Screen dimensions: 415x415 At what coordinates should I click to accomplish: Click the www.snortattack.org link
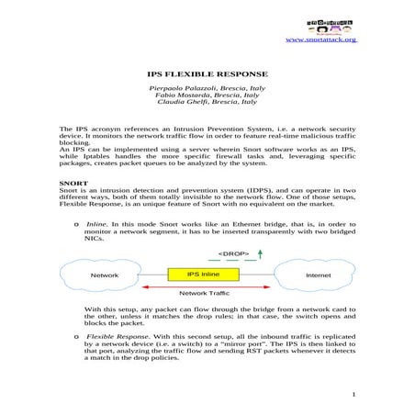(x=322, y=39)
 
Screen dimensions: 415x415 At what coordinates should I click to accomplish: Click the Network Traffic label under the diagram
(x=203, y=293)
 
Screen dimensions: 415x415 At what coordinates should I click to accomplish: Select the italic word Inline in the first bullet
(x=96, y=223)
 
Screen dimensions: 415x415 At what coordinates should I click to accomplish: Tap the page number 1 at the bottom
(x=353, y=395)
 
